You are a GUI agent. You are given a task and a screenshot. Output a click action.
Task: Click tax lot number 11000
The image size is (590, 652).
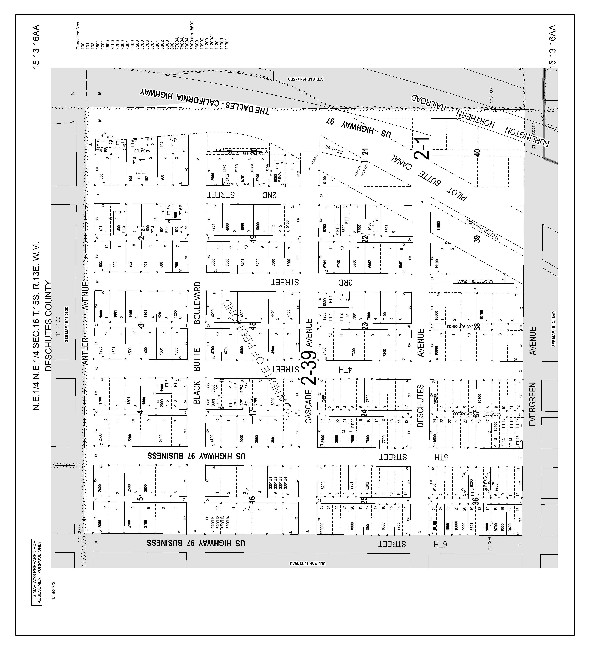439,225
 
